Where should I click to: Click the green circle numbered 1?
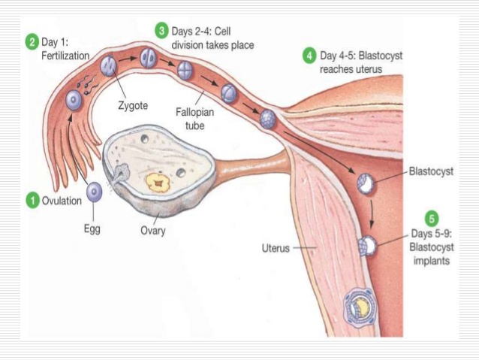pyautogui.click(x=32, y=201)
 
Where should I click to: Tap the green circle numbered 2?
pyautogui.click(x=32, y=42)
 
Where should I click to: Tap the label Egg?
pyautogui.click(x=92, y=229)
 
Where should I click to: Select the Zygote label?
pyautogui.click(x=133, y=106)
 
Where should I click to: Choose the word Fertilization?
pyautogui.click(x=65, y=56)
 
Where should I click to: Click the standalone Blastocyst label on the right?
pyautogui.click(x=432, y=170)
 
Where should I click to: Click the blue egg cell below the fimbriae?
pyautogui.click(x=95, y=192)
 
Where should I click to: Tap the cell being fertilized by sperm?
pyautogui.click(x=74, y=99)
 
